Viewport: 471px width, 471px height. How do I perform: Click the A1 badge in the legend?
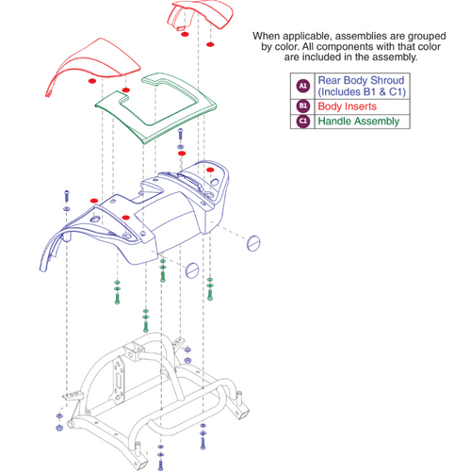click(302, 86)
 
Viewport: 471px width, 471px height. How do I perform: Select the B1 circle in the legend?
click(302, 106)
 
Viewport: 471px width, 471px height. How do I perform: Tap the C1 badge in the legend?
click(302, 122)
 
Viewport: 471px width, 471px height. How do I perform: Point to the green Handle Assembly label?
click(360, 122)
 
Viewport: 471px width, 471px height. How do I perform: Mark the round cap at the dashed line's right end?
click(252, 243)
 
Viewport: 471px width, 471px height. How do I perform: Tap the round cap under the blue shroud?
click(192, 271)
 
